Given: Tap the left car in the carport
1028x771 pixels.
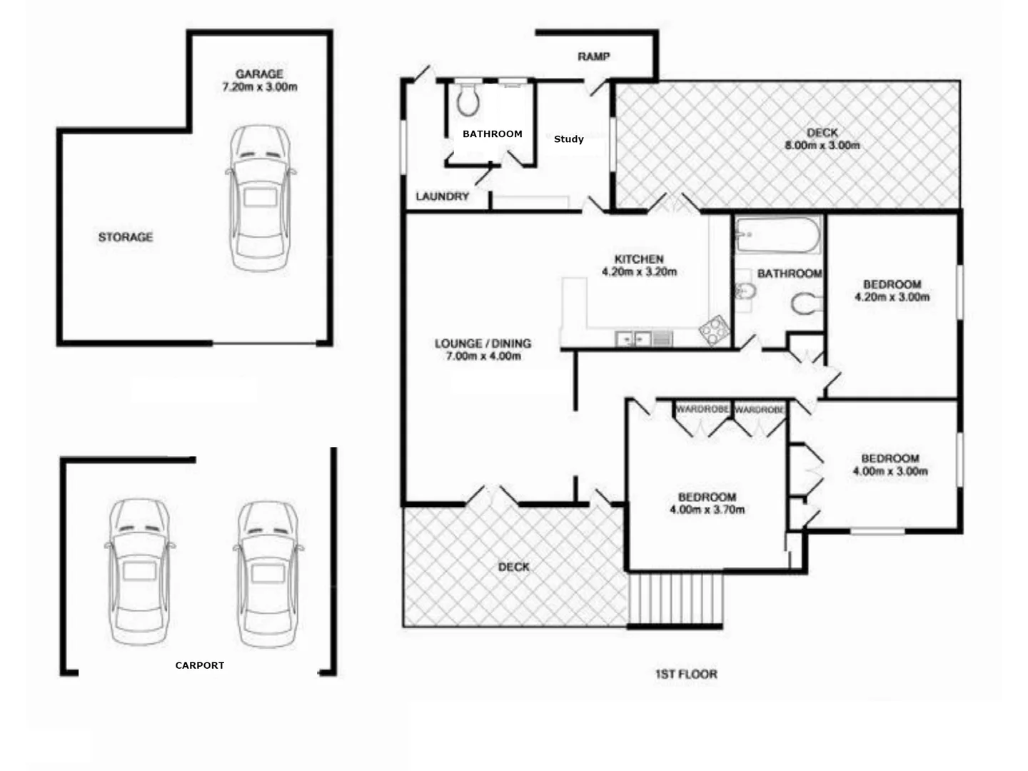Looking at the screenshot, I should pos(140,572).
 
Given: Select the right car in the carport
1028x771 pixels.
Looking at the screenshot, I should pos(268,573).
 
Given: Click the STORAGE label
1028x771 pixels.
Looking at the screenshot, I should pos(126,237).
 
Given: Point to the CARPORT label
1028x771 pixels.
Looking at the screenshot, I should pos(200,665).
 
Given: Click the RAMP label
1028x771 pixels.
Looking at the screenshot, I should pos(593,56).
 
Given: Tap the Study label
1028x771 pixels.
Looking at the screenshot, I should pos(568,139).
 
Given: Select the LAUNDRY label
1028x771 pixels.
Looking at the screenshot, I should pos(443,196).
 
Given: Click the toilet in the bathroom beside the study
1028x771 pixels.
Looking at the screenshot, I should pos(468,100).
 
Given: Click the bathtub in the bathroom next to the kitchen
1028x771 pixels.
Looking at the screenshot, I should pos(777,236).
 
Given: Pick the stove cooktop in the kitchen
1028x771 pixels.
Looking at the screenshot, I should pos(713,331).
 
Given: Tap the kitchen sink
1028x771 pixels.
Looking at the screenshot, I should pos(634,338).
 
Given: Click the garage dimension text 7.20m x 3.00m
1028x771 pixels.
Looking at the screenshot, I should pos(260,87).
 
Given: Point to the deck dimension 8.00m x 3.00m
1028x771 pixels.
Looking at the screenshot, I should pos(822,146).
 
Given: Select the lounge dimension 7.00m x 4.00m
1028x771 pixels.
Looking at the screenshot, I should pos(483,356).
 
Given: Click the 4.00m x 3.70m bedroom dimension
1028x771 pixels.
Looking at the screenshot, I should pos(707,510).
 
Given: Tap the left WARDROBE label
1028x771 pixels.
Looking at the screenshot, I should pos(702,409).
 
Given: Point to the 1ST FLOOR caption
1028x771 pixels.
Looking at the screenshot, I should pos(686,674).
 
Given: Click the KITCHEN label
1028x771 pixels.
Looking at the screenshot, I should pos(639,259).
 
